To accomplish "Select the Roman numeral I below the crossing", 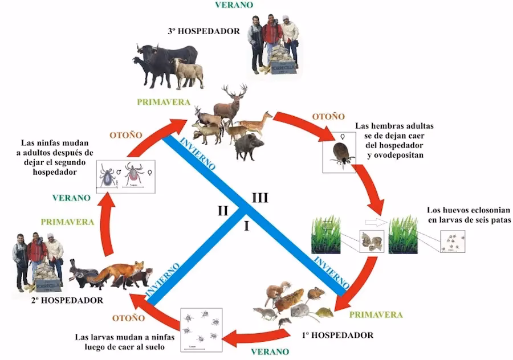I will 246,227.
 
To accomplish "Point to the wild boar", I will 249,147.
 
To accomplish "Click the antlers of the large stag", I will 235,92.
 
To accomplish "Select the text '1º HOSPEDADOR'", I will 337,335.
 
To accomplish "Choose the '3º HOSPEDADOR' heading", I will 203,31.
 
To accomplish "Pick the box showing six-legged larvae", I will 452,242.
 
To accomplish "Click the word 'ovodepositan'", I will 396,155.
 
